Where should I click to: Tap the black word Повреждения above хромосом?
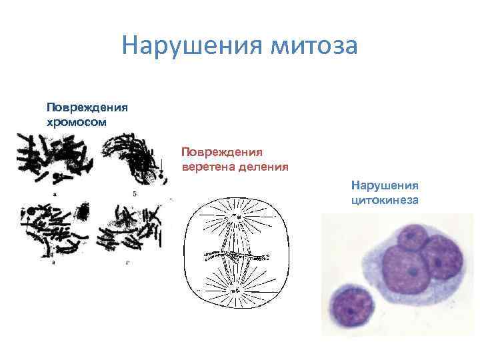(87, 107)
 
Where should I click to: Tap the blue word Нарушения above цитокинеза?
(385, 184)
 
